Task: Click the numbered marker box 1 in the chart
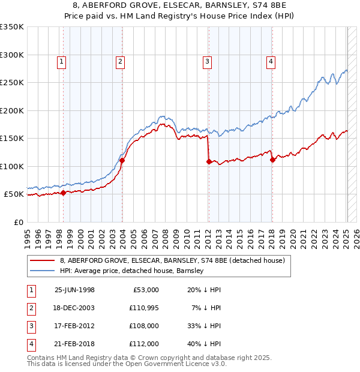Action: (62, 61)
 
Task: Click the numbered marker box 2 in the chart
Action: (120, 61)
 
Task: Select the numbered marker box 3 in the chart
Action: (207, 61)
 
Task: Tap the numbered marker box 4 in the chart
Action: (271, 61)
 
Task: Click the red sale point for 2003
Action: (122, 160)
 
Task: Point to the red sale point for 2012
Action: (209, 161)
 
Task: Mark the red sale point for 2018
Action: (272, 160)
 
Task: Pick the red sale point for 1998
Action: (64, 193)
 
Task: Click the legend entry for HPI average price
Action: (132, 271)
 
